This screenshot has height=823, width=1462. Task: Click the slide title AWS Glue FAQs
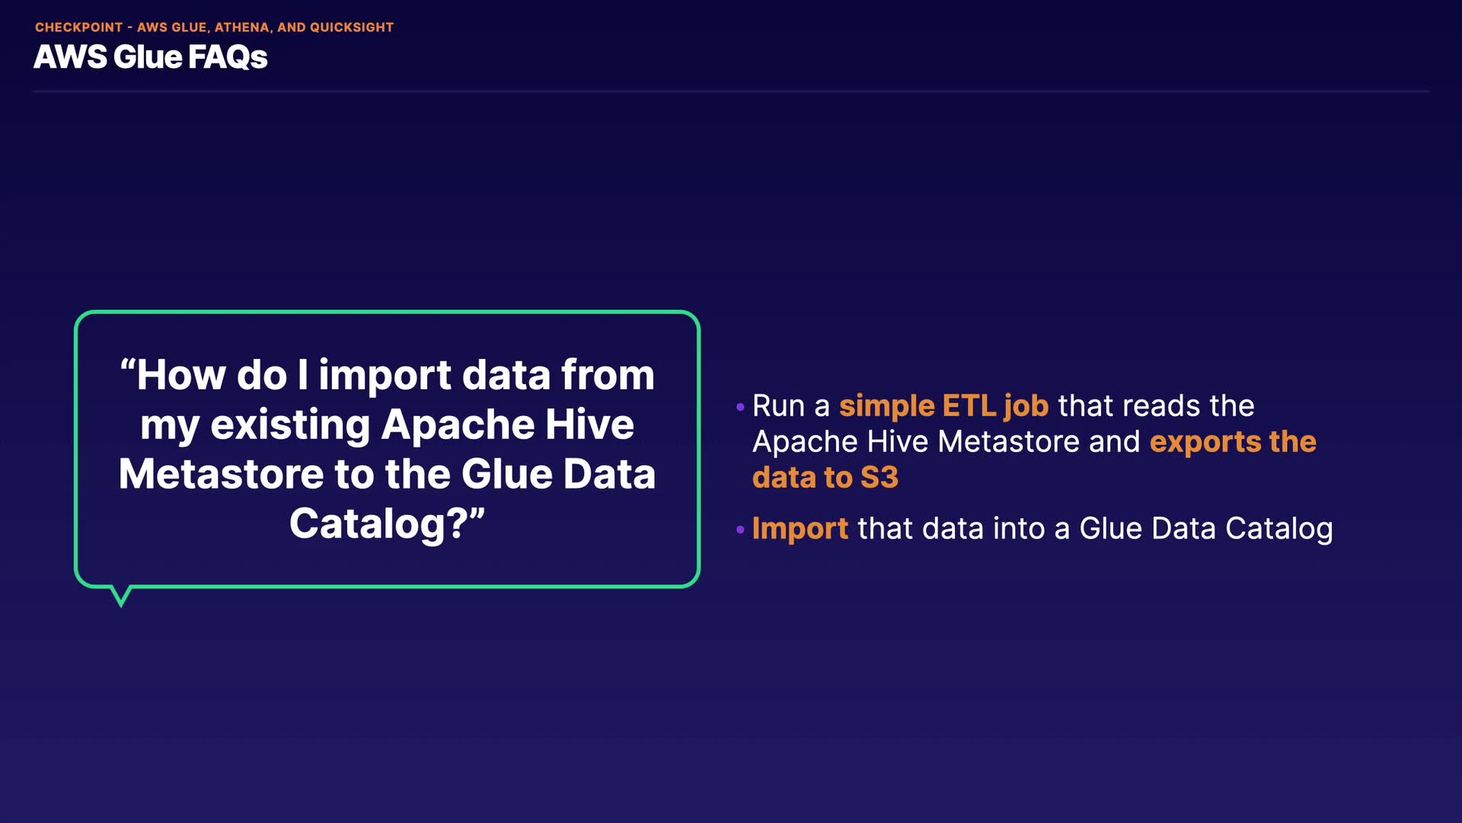click(x=150, y=57)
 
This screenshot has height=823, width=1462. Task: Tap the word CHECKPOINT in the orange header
click(x=79, y=27)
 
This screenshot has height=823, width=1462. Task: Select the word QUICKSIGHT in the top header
click(x=352, y=27)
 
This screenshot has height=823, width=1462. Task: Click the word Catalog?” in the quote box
click(x=387, y=524)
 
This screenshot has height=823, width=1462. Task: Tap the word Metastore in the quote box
click(x=221, y=474)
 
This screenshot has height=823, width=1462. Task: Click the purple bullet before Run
click(x=740, y=407)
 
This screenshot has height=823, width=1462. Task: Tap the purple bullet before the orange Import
click(x=740, y=529)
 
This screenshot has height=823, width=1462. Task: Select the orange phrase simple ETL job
click(x=943, y=406)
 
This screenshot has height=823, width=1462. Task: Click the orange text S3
click(x=879, y=478)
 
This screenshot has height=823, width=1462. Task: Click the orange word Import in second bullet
click(x=800, y=529)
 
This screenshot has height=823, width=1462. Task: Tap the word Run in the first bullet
click(x=778, y=406)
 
